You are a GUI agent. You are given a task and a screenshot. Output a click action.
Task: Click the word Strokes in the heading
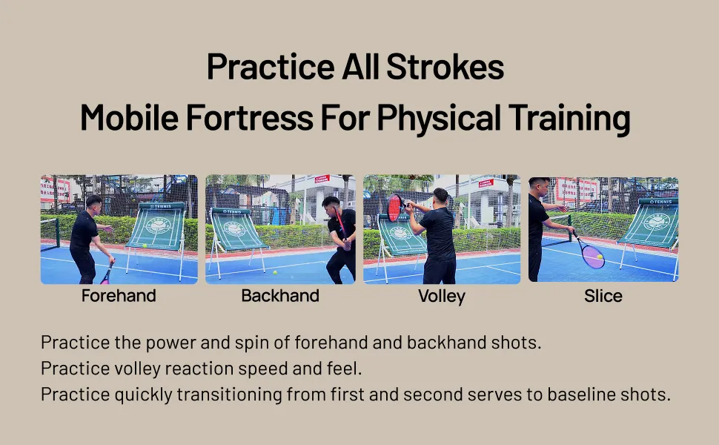coord(445,67)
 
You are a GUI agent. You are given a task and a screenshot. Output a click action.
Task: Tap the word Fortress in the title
coord(250,117)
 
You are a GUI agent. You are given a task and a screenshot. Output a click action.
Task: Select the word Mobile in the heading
coord(130,117)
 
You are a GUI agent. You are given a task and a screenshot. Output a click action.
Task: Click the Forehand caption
coord(119,296)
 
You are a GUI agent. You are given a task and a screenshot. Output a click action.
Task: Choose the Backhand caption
coord(280,296)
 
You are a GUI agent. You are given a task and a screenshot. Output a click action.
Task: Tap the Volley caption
coord(442,297)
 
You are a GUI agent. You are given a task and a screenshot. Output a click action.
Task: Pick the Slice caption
coord(603,296)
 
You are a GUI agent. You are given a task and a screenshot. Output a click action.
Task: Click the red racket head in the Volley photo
coord(394,208)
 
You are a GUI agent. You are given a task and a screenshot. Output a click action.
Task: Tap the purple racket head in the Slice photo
coord(594,257)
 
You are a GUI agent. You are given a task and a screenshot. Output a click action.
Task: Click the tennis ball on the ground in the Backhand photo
coord(275,272)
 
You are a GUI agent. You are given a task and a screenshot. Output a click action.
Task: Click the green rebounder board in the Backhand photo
coord(236,229)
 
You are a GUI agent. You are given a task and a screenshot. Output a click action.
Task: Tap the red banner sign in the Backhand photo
coord(322,179)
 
